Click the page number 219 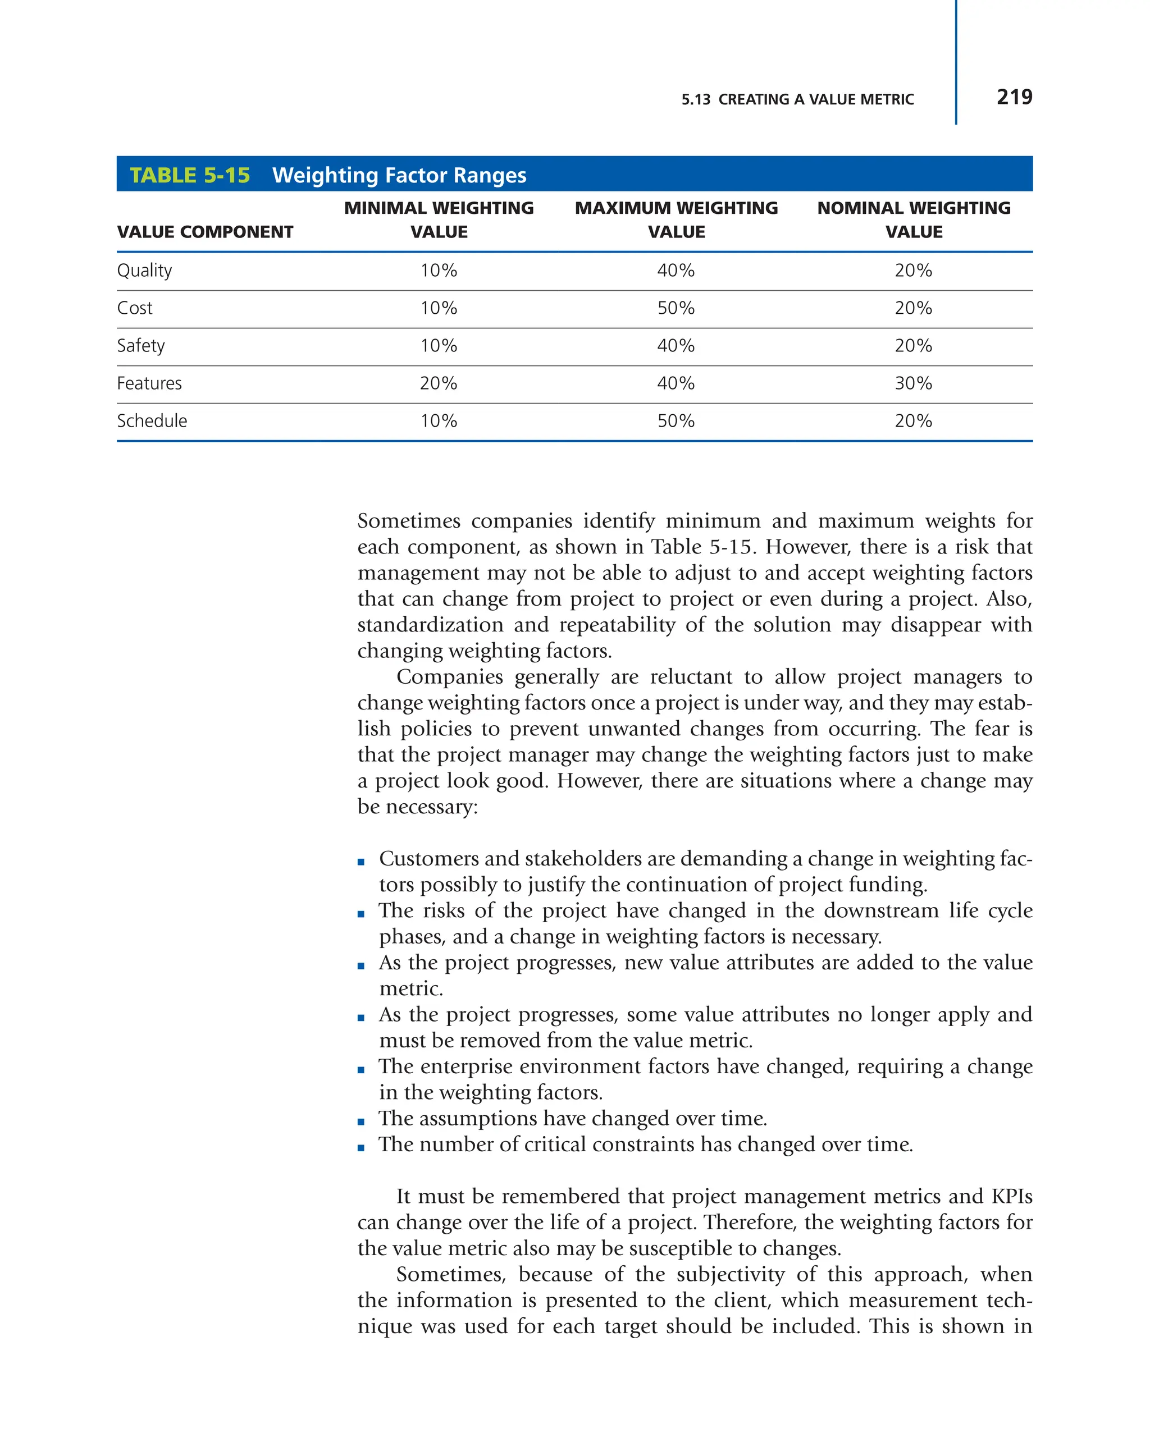pyautogui.click(x=1014, y=97)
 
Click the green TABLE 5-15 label pyautogui.click(x=189, y=175)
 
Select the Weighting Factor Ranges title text pyautogui.click(x=399, y=175)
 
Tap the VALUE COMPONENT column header pyautogui.click(x=205, y=232)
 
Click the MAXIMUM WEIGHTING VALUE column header pyautogui.click(x=676, y=220)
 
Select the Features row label pyautogui.click(x=149, y=383)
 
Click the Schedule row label pyautogui.click(x=152, y=420)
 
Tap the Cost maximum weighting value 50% pyautogui.click(x=676, y=308)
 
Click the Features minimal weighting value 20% pyautogui.click(x=438, y=383)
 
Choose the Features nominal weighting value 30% pyautogui.click(x=913, y=383)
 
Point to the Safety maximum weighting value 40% pyautogui.click(x=676, y=346)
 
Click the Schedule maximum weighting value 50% pyautogui.click(x=676, y=420)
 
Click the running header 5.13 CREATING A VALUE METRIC pyautogui.click(x=797, y=100)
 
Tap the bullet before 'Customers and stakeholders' pyautogui.click(x=361, y=862)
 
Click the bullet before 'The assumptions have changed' pyautogui.click(x=361, y=1122)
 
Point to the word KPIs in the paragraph pyautogui.click(x=1011, y=1197)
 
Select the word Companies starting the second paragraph pyautogui.click(x=450, y=676)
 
